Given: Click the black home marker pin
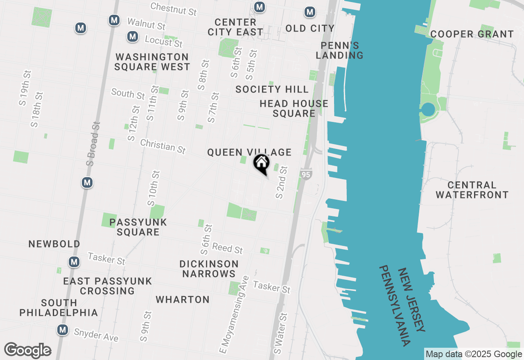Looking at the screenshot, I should (261, 164).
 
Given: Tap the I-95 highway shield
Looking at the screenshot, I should (306, 175).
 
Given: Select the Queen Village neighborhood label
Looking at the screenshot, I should (249, 152).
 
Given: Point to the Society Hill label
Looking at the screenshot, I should (272, 89).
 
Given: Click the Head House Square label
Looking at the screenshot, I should (294, 108).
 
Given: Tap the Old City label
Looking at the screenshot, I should (310, 28).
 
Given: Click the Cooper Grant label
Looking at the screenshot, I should (472, 34).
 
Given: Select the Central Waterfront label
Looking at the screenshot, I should (472, 190).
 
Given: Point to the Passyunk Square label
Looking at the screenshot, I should (138, 227).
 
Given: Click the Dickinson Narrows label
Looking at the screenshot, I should (209, 268).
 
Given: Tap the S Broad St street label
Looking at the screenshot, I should (93, 144).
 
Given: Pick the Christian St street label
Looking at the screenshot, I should (163, 146).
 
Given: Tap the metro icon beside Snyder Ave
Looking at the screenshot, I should (62, 330).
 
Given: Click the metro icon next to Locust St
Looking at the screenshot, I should (132, 36).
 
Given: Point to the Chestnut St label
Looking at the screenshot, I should (173, 9).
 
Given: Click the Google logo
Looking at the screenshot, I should (28, 350).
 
